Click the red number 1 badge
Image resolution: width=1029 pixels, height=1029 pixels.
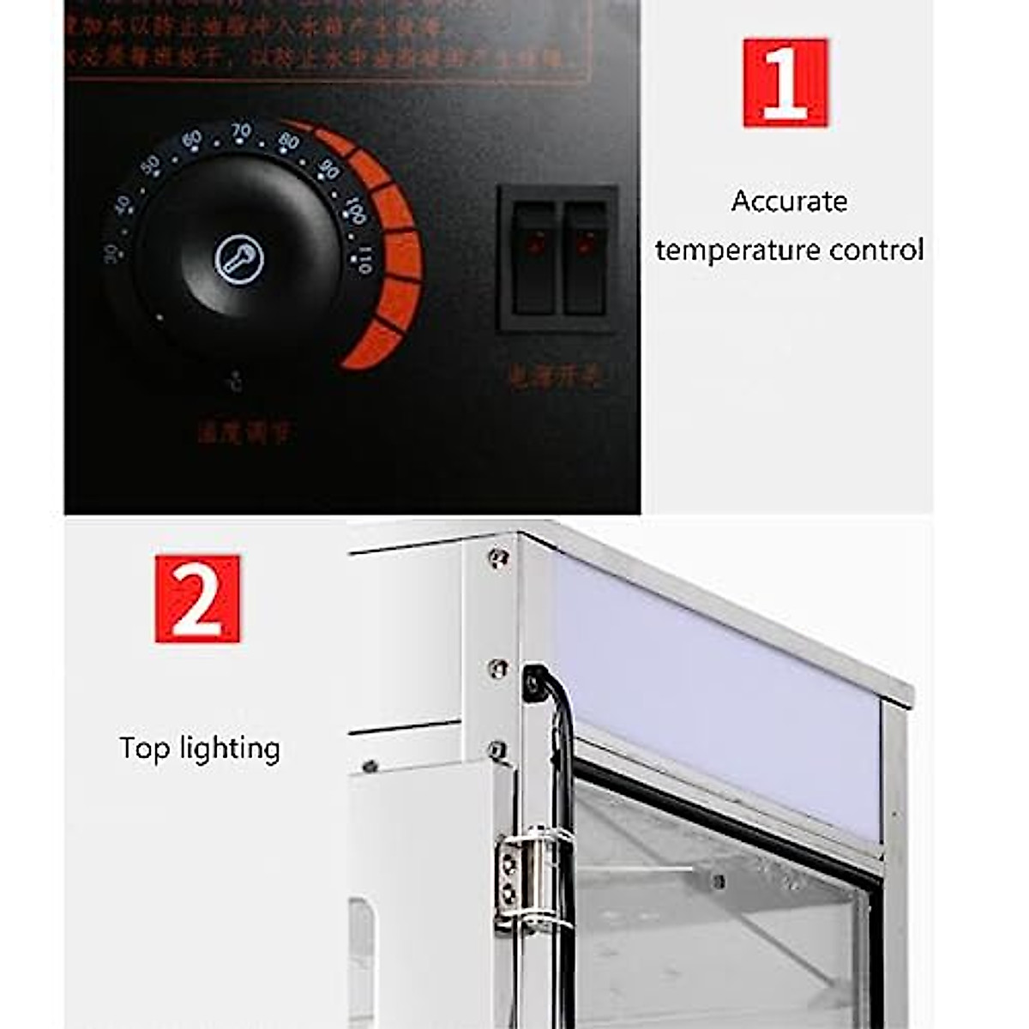785,82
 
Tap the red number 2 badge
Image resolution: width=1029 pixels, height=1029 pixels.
197,599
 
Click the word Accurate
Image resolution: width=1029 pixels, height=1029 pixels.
789,202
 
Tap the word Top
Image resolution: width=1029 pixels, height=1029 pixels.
144,748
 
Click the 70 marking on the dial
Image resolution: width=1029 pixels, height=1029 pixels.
241,132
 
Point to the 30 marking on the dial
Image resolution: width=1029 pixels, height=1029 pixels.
111,253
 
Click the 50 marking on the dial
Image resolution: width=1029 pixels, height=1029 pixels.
151,165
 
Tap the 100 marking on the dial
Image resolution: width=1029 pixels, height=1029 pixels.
353,210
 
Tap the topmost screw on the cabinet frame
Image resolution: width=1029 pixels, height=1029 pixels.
496,558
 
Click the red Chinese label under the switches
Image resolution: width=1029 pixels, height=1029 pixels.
556,376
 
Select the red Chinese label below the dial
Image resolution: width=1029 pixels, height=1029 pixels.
244,434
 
